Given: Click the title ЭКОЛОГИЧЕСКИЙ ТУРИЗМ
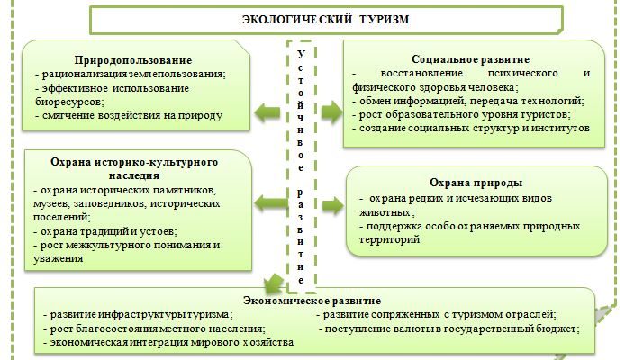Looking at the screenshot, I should click(314, 19).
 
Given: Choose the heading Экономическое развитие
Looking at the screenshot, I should click(312, 300).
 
